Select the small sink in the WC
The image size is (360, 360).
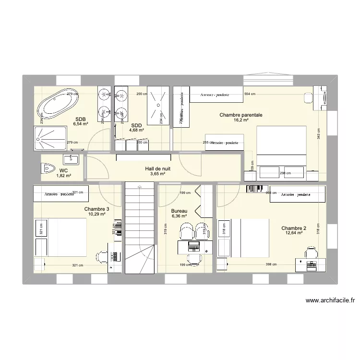point(73,159)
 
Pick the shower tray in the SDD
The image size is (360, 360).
point(159,107)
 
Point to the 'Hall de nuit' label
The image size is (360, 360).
point(158,169)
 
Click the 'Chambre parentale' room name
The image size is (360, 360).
point(241,115)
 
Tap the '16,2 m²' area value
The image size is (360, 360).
point(241,120)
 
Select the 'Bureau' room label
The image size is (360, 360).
point(179,211)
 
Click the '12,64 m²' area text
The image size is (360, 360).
point(294,233)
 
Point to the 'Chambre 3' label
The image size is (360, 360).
point(96,209)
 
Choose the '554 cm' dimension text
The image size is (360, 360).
point(250,95)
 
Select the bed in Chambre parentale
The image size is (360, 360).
point(281,146)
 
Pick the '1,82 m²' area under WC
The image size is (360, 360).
point(63,176)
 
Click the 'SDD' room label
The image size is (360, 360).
point(137,125)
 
